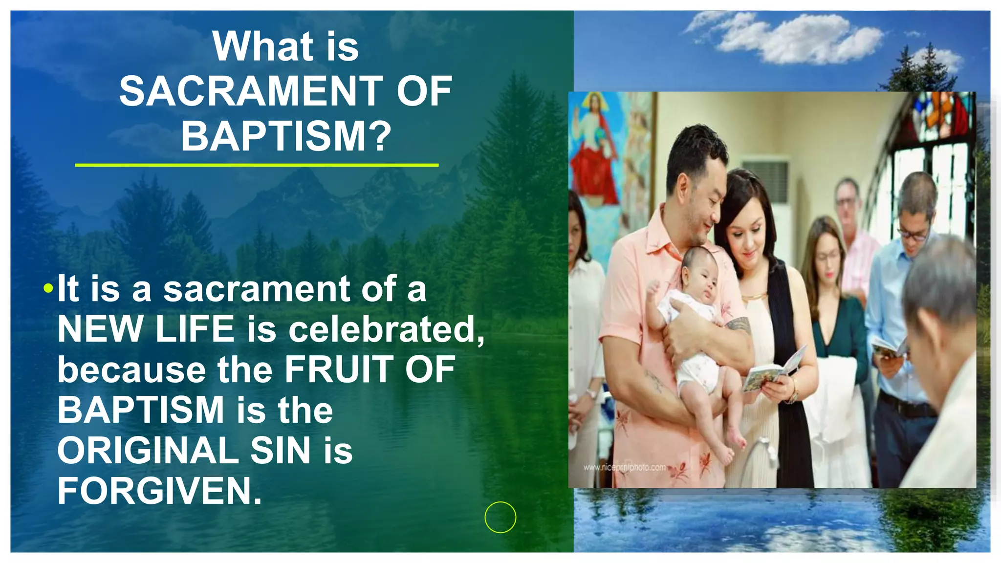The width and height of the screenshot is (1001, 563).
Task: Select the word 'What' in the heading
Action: [263, 47]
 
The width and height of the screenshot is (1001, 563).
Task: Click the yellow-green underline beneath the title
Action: [257, 165]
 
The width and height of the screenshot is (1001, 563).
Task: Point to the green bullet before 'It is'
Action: [47, 288]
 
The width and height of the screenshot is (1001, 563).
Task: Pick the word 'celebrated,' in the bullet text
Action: [386, 329]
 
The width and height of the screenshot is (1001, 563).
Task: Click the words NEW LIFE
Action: [146, 329]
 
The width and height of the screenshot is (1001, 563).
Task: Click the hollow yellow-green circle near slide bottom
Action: [500, 517]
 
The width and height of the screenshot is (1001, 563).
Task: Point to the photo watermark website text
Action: [624, 468]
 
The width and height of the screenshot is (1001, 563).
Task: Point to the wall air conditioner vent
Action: [765, 181]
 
